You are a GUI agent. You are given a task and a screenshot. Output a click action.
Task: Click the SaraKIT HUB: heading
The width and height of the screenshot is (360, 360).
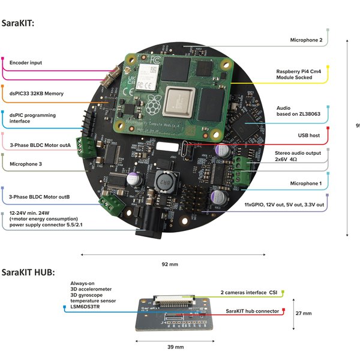click(x=28, y=272)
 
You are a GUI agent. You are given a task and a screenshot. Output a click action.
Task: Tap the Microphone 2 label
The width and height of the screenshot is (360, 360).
click(x=306, y=41)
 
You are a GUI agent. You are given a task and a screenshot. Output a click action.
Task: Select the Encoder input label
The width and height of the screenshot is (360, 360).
click(x=26, y=62)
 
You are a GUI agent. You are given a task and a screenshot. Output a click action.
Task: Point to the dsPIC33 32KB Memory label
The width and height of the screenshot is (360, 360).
click(x=36, y=94)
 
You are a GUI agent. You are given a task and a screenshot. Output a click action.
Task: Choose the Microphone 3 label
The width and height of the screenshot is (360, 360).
click(x=29, y=163)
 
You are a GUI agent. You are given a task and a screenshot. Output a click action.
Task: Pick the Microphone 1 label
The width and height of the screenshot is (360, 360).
click(x=306, y=183)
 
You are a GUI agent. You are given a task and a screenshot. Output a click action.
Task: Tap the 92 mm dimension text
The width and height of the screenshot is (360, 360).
click(x=170, y=264)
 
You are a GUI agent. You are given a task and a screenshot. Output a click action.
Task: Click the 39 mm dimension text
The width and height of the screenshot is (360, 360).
click(x=175, y=347)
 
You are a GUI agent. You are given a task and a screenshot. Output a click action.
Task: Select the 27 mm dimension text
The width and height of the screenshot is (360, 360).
click(x=304, y=313)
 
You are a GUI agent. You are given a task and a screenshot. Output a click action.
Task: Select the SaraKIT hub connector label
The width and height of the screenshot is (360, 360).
click(x=252, y=311)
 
